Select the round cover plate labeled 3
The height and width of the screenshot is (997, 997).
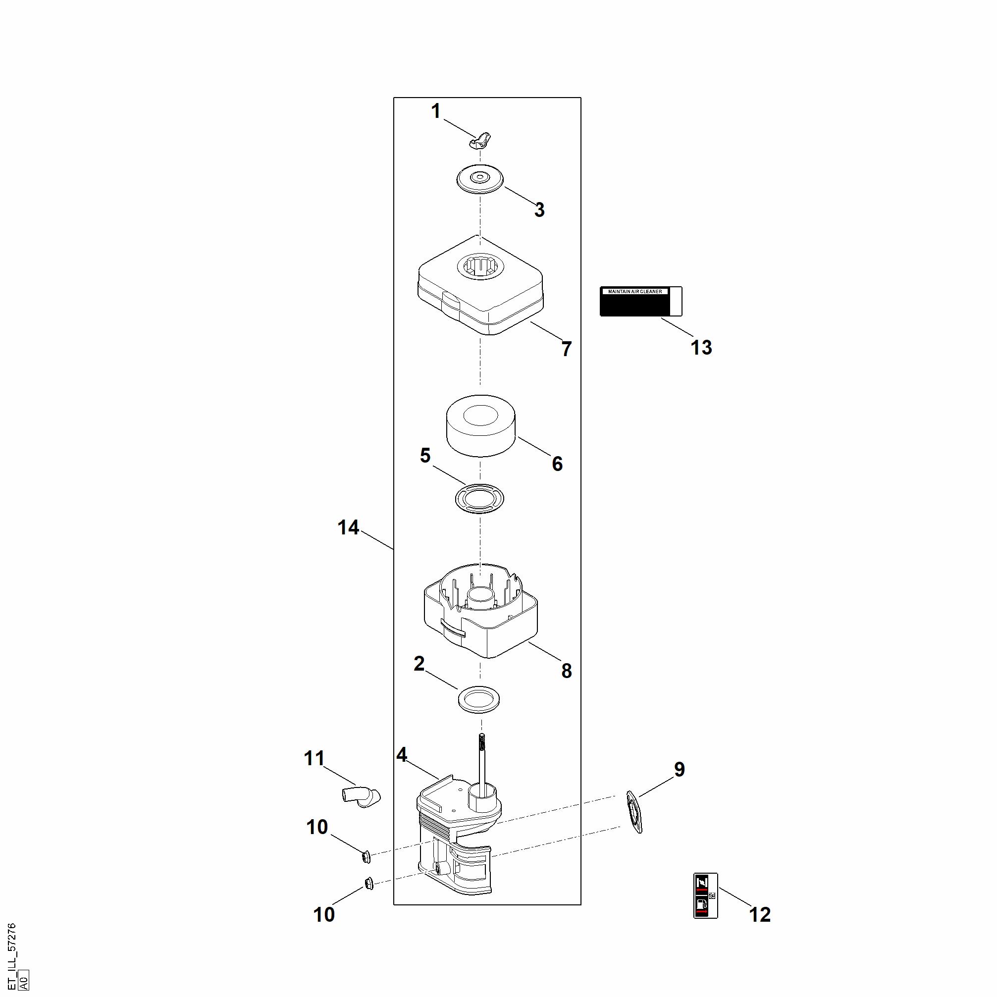tap(480, 179)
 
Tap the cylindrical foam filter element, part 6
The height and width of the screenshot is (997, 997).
tap(480, 425)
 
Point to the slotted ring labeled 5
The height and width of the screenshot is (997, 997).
tap(479, 498)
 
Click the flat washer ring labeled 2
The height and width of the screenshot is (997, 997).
tap(479, 700)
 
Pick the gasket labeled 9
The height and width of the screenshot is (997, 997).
tap(634, 812)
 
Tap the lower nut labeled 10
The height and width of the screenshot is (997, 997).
tap(369, 883)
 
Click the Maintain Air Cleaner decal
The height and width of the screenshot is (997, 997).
tap(640, 301)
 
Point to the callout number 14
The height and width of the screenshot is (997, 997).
tap(348, 527)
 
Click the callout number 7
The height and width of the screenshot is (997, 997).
tap(567, 349)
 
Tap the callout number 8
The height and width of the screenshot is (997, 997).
tap(567, 671)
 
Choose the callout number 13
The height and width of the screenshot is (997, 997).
tap(701, 348)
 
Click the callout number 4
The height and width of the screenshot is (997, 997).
tap(402, 755)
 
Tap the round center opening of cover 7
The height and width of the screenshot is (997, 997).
tap(480, 267)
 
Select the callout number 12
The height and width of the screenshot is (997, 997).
tap(760, 914)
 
